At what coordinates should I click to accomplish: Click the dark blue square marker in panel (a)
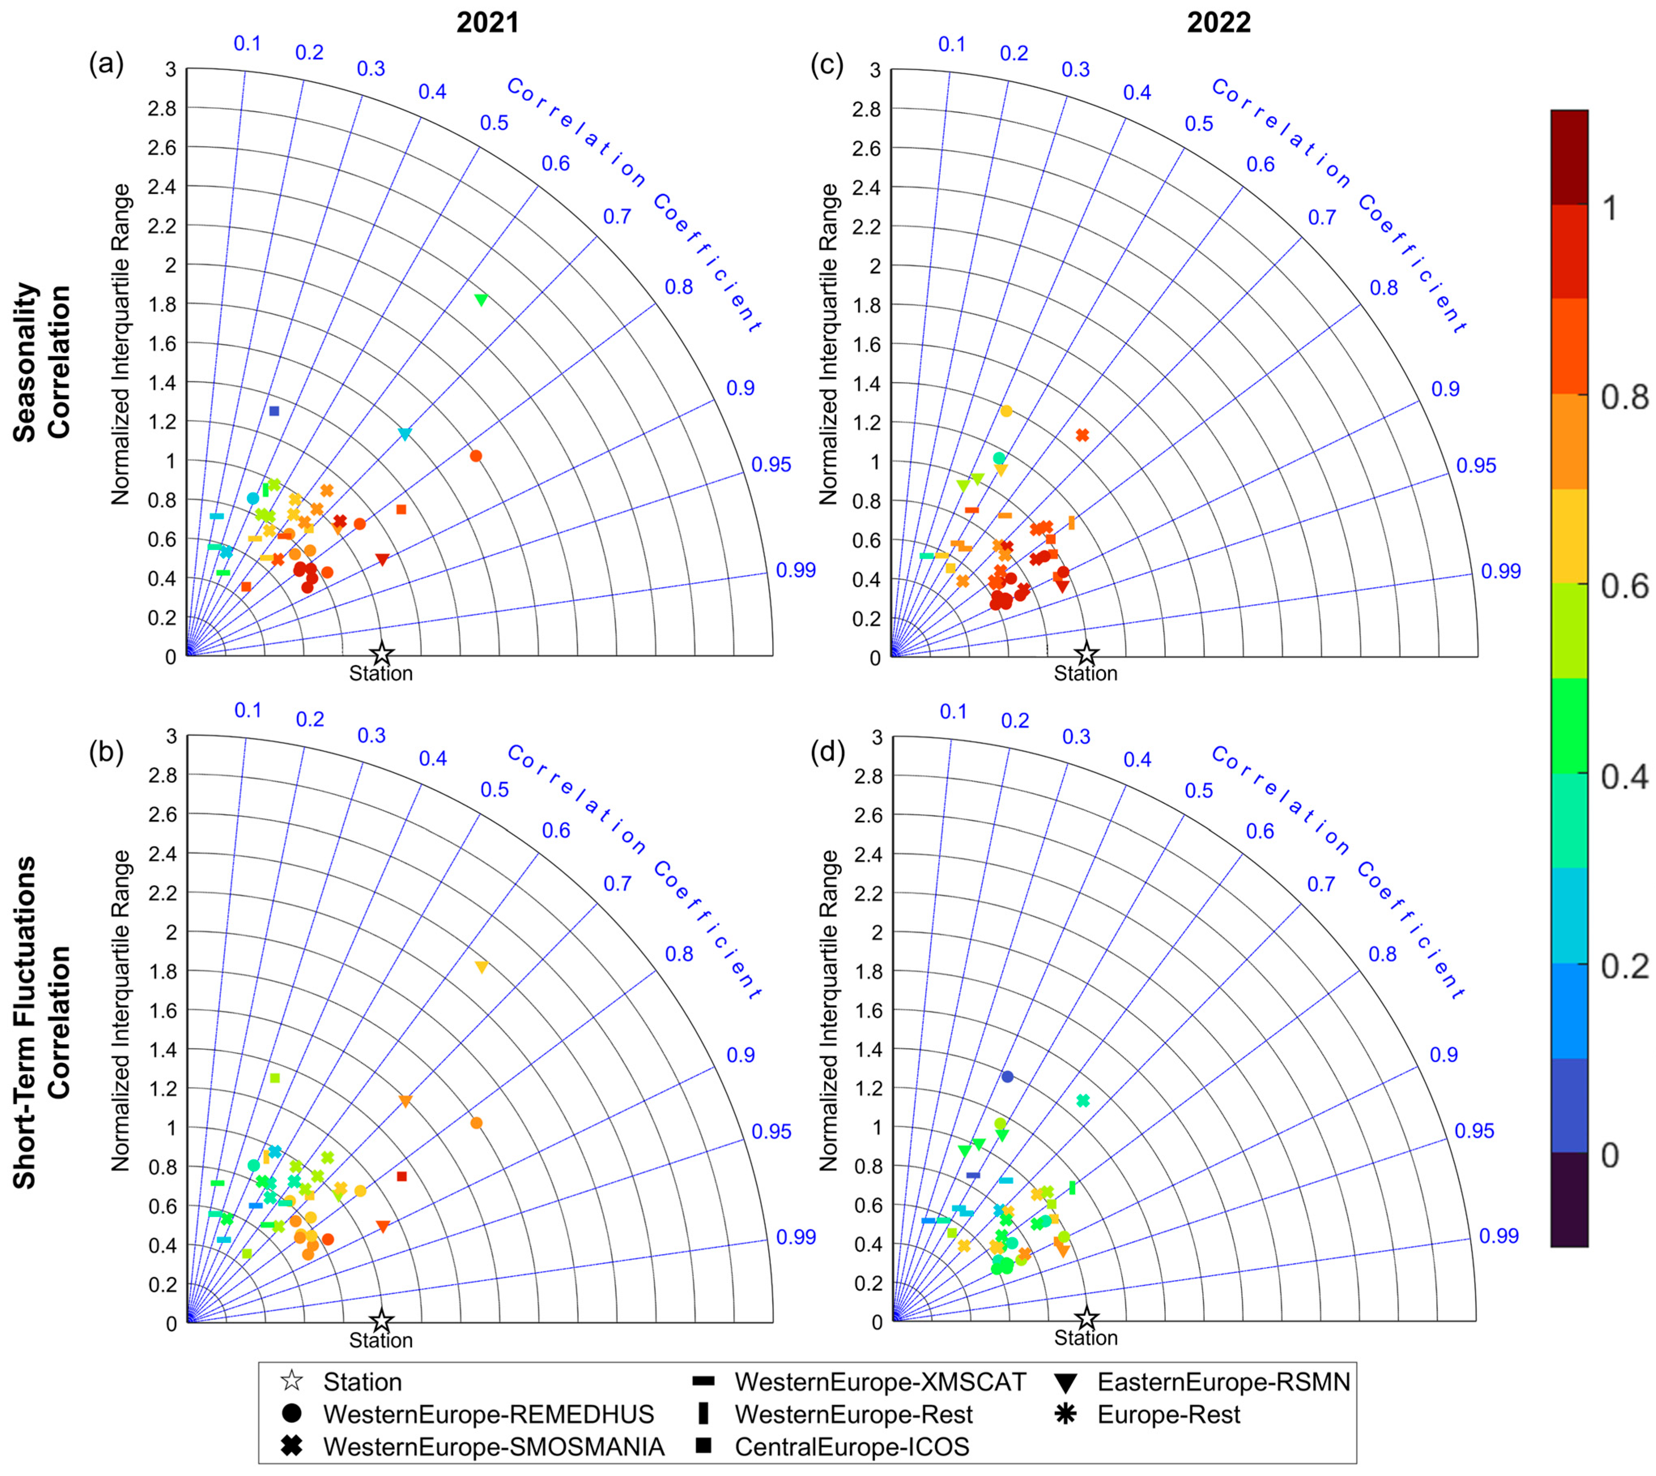[274, 411]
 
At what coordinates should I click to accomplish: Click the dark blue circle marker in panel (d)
[1007, 1076]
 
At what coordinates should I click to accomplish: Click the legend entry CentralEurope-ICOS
[852, 1446]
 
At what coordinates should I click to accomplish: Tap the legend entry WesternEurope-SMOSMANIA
[493, 1446]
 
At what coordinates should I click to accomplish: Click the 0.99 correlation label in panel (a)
[795, 570]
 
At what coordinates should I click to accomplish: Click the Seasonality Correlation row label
[42, 361]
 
